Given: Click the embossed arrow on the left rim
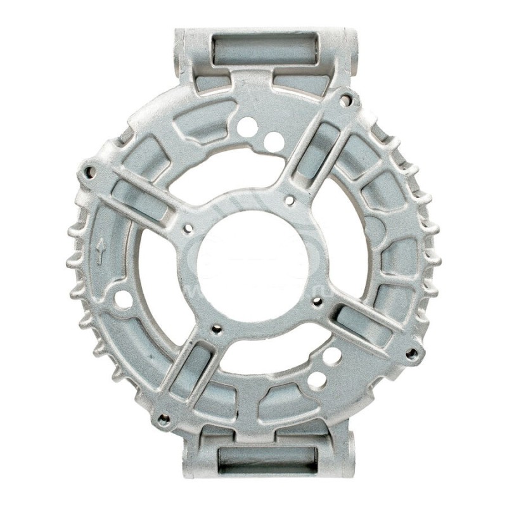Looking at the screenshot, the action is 100,252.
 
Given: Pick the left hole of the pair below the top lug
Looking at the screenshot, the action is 247,127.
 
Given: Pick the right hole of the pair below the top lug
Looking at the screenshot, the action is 274,141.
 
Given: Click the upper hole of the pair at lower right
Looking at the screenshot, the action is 331,356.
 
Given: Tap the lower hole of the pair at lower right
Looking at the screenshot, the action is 317,380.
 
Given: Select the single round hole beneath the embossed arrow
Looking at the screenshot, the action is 123,299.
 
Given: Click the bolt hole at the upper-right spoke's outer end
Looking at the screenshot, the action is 345,100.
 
